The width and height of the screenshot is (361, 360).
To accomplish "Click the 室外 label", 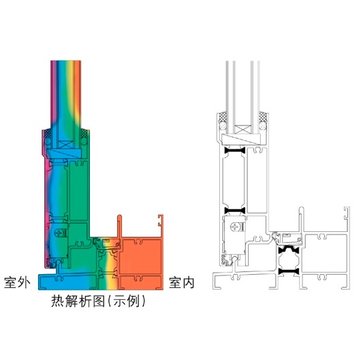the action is pos(17,282).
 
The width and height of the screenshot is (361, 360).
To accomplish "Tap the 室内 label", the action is pos(182,282).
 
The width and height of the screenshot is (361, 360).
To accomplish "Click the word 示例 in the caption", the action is pos(127,301).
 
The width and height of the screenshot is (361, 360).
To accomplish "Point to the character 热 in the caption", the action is pos(58,301).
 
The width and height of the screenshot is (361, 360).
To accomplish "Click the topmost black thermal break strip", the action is pos(235,151).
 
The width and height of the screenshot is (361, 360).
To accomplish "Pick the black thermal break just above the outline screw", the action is pos(235,211).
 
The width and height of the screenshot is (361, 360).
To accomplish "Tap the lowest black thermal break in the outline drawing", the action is pos(289,271).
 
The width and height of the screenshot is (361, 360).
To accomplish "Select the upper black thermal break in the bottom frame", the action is pos(289,250).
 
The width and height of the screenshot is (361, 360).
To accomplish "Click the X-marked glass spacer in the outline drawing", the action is pos(243,130).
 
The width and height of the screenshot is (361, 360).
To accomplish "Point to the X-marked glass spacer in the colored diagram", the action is pos(65,145).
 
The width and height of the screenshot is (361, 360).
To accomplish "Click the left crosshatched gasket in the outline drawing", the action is pos(223,117).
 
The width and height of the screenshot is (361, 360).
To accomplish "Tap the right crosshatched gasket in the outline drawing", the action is pos(264,117).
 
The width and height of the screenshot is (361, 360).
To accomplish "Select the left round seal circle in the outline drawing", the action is pos(223,126).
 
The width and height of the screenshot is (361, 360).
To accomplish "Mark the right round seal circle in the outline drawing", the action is pos(262,126).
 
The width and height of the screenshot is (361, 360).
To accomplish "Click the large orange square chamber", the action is pos(141,256).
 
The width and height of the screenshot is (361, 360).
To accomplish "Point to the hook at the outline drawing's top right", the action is pos(347,213).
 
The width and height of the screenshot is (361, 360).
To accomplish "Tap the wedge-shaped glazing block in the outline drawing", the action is pos(241,139).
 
